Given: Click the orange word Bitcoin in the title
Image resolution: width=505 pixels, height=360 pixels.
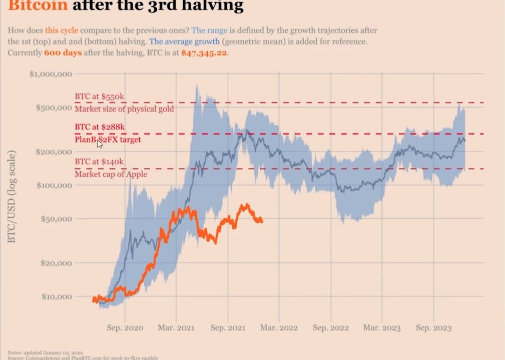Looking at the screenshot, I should [38, 6].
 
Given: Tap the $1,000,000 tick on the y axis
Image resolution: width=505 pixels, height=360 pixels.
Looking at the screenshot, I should [51, 74].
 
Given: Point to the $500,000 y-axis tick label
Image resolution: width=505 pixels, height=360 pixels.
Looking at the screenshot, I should [54, 108].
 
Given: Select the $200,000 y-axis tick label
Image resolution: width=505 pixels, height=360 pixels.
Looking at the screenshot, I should [54, 152].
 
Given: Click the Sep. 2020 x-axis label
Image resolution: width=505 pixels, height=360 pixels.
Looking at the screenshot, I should [125, 328].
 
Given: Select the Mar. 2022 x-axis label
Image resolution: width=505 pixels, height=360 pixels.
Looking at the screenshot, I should [279, 328].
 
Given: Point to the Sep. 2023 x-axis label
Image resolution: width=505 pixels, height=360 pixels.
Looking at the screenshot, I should [433, 328].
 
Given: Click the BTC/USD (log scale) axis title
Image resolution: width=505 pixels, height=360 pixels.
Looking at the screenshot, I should [12, 196].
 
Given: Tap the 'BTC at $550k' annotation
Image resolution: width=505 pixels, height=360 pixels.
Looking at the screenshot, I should [100, 96].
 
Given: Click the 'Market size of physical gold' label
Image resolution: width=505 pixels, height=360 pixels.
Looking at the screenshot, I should [125, 109].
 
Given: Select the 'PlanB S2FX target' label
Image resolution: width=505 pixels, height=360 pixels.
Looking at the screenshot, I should [108, 140].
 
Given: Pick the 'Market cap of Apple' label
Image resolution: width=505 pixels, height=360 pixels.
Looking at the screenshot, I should [111, 174].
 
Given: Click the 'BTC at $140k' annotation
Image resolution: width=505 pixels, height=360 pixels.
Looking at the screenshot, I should [99, 162].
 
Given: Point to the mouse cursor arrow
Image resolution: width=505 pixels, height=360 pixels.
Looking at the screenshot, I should [100, 144].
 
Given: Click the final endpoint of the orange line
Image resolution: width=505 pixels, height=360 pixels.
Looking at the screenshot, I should [261, 220].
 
